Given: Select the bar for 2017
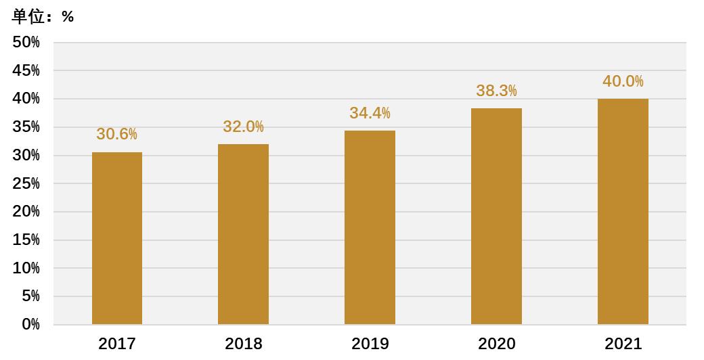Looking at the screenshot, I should tap(117, 238).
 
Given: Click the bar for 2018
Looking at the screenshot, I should tap(243, 234).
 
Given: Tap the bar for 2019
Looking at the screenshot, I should tap(370, 227).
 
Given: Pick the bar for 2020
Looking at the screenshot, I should tap(496, 216).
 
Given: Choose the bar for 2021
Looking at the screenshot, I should tap(623, 211).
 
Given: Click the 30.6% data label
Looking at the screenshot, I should tap(116, 134).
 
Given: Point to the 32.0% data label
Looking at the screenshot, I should tap(243, 127).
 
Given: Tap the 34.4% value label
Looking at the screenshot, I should tap(370, 113).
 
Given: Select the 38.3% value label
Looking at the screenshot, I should tap(496, 91).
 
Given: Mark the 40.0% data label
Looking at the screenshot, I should tap(623, 81).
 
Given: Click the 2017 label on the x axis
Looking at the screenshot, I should tap(117, 344).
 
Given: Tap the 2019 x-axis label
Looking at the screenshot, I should tap(370, 344).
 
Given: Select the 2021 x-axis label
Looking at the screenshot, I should tap(623, 344).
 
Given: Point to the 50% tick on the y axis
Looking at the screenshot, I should tap(26, 42).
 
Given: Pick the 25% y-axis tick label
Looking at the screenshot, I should tap(26, 183).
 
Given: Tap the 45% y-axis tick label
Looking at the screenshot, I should tap(26, 70).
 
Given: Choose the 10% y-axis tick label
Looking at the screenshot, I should tap(26, 268).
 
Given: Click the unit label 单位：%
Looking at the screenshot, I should tap(43, 17).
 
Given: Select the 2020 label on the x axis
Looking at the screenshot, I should tap(496, 344).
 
